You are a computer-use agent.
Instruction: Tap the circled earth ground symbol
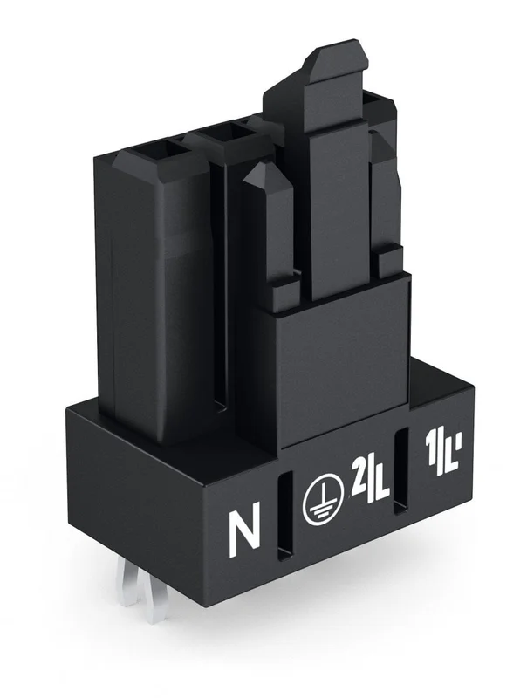323,498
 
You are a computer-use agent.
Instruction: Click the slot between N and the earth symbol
284,514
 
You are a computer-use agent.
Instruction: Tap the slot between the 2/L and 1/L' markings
401,471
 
